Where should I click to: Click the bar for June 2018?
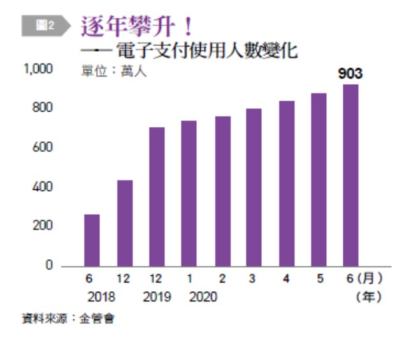pyautogui.click(x=92, y=240)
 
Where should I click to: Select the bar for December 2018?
pyautogui.click(x=124, y=223)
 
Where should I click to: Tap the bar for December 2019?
pyautogui.click(x=157, y=196)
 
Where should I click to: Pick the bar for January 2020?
pyautogui.click(x=189, y=193)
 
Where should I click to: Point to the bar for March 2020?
pyautogui.click(x=254, y=187)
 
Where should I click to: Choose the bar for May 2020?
pyautogui.click(x=319, y=179)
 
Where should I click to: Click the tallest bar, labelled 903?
pyautogui.click(x=350, y=175)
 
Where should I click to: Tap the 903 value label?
pyautogui.click(x=350, y=74)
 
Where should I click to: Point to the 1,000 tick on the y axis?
pyautogui.click(x=39, y=69)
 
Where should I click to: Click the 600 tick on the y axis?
pyautogui.click(x=45, y=148)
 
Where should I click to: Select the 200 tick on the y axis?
pyautogui.click(x=45, y=226)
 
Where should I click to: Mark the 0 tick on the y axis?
pyautogui.click(x=49, y=266)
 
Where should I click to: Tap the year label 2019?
pyautogui.click(x=157, y=297)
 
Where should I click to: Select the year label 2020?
pyautogui.click(x=202, y=297)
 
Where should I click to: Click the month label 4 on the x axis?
pyautogui.click(x=286, y=279)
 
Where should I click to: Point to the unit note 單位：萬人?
pyautogui.click(x=114, y=71)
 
